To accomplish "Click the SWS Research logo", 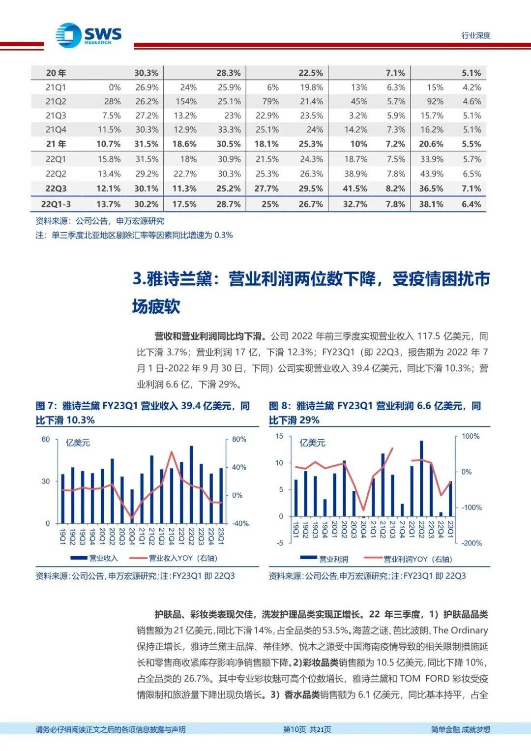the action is [88, 35].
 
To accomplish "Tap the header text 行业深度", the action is [476, 35].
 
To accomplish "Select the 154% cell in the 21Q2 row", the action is [188, 102].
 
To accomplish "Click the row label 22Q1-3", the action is [56, 204].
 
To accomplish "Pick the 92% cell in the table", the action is [435, 102].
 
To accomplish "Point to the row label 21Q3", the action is [56, 116].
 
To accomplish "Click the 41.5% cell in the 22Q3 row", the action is [355, 188].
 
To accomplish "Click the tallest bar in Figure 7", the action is [191, 485].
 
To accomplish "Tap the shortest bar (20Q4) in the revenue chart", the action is [132, 507].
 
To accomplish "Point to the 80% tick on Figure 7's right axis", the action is [238, 439].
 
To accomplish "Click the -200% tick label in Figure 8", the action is [472, 543].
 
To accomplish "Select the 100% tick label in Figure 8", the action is [471, 436].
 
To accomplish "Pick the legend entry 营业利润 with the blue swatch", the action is [324, 559].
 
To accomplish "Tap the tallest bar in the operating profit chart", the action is [421, 479].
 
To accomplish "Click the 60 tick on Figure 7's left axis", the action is [46, 439].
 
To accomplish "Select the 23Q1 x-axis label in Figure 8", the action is [450, 530].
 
